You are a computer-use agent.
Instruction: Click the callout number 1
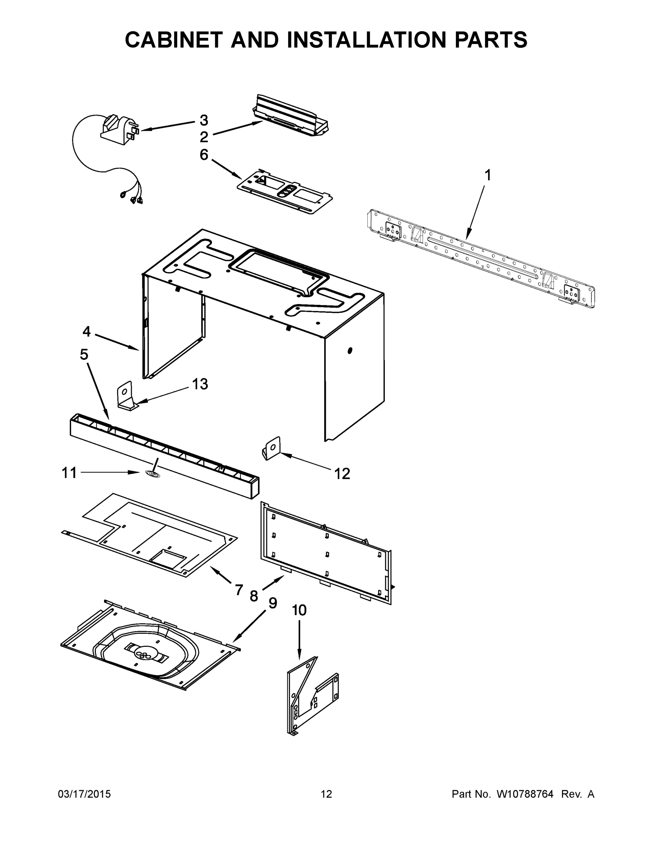point(488,175)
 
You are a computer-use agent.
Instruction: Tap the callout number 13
point(200,384)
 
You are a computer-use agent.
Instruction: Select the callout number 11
point(70,473)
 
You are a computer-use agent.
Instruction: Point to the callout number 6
point(204,155)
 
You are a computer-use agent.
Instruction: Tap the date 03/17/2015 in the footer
point(84,794)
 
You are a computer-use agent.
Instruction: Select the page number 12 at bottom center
point(327,794)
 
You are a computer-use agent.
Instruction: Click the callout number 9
point(273,603)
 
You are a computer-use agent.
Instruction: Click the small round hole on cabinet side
point(350,351)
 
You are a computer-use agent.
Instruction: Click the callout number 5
point(84,354)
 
